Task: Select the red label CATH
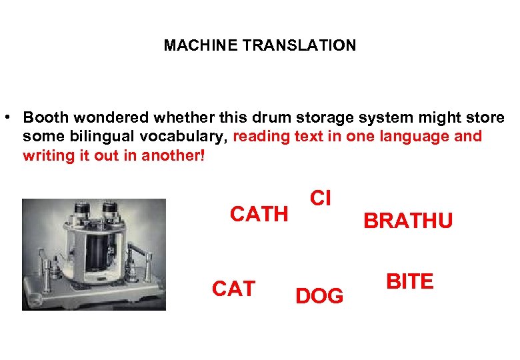pos(259,214)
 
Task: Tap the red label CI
pos(321,198)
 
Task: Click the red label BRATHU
pos(407,221)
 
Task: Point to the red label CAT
pos(233,289)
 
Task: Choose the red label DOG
pos(319,295)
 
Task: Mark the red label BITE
pos(409,281)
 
